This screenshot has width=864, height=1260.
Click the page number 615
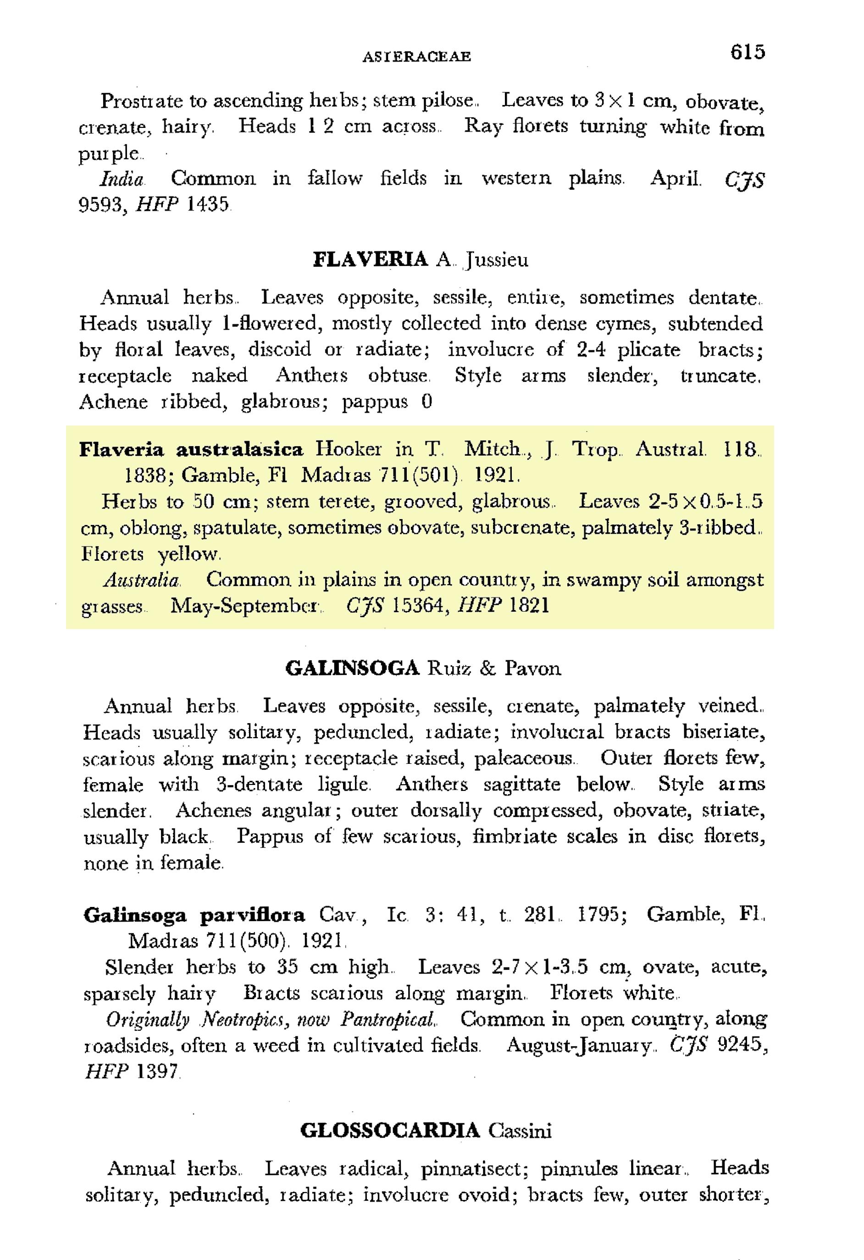pos(747,52)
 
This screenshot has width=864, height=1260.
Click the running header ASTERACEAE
pos(416,56)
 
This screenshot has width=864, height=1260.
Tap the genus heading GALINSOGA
pos(353,668)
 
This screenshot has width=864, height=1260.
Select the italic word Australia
pos(142,580)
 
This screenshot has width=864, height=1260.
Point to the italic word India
pos(122,179)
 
